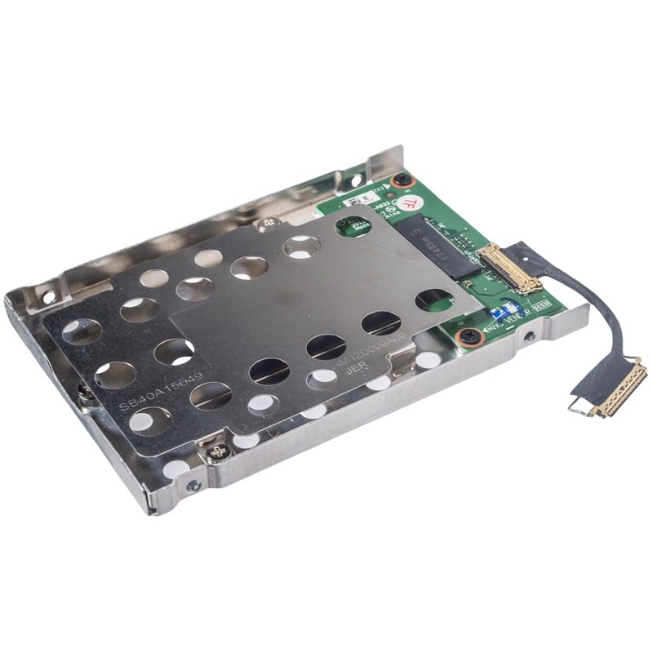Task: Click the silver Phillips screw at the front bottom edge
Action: click(217, 451)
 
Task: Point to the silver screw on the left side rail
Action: click(85, 393)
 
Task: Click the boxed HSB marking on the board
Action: click(541, 304)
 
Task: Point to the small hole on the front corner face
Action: click(193, 486)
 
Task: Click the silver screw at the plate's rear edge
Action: click(265, 224)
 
